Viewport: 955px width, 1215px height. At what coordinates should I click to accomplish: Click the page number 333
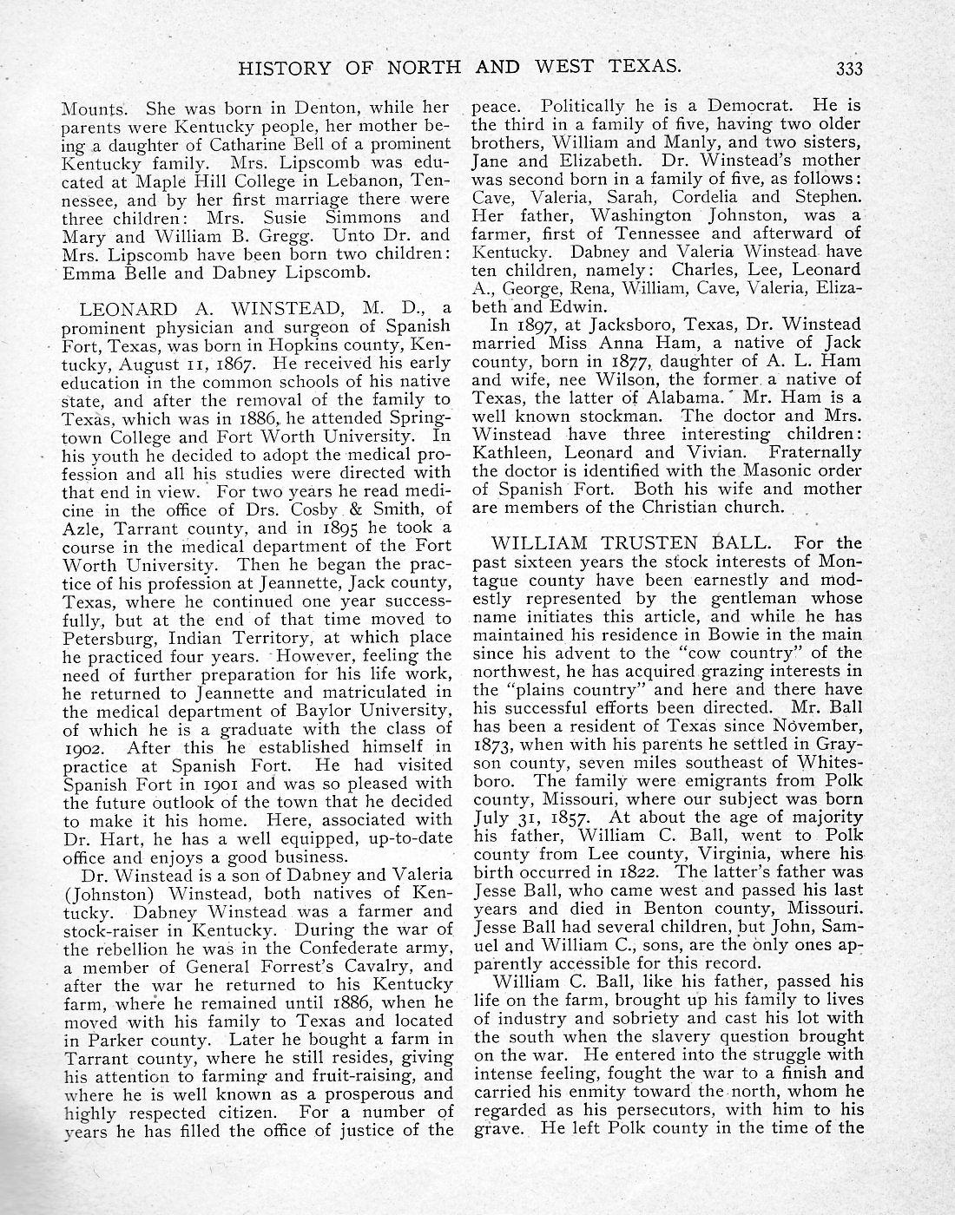(845, 67)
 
